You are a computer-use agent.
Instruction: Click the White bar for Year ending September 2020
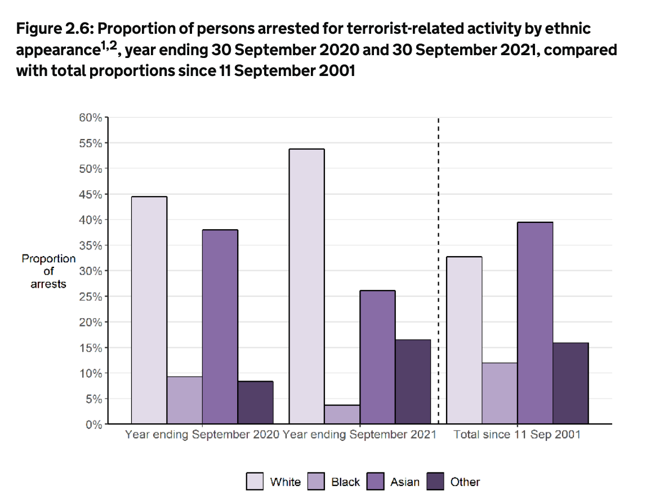click(149, 310)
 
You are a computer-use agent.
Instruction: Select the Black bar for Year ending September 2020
click(184, 400)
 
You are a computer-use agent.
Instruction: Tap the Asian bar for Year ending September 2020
click(220, 327)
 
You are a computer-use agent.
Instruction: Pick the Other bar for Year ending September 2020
click(255, 403)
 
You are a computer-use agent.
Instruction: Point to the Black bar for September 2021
click(342, 414)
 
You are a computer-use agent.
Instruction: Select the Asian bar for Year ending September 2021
click(377, 357)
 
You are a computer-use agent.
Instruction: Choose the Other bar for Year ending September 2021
click(413, 381)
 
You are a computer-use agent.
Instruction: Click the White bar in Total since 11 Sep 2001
click(464, 340)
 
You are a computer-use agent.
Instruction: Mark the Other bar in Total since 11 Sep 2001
click(571, 383)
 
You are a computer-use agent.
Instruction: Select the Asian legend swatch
click(376, 481)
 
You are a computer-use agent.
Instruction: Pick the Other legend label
click(465, 482)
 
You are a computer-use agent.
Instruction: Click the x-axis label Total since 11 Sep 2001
click(517, 435)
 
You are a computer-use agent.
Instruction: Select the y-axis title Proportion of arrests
click(48, 271)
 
